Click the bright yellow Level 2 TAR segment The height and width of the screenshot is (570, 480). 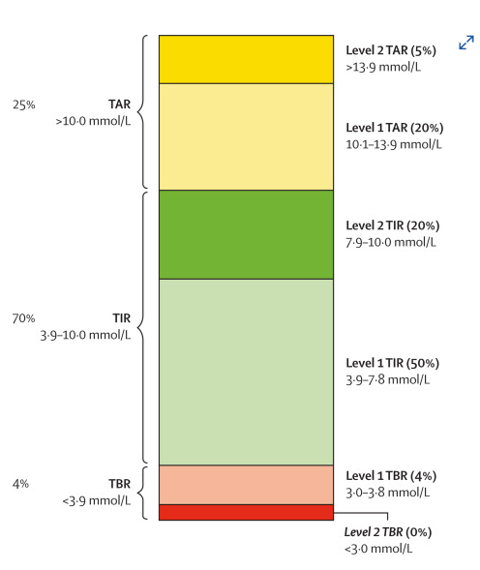pos(246,60)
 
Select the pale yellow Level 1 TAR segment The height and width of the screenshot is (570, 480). pos(246,136)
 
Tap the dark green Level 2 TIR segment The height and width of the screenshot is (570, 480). pos(246,234)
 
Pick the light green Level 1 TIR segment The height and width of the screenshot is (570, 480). pos(246,372)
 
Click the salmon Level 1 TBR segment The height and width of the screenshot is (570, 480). pos(246,484)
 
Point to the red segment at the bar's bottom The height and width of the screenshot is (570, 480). pos(246,512)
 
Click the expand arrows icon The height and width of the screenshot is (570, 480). pos(466,43)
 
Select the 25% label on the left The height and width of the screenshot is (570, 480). pos(23,104)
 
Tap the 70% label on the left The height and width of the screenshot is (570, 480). pos(23,317)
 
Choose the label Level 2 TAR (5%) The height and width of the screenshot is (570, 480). pos(390,50)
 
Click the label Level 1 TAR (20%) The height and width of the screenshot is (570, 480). pos(393,128)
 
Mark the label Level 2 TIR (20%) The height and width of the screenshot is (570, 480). pos(392,225)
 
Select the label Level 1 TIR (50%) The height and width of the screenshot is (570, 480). pos(392,363)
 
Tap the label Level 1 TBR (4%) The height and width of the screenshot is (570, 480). pos(390,476)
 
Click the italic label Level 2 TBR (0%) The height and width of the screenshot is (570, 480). pos(388,532)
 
